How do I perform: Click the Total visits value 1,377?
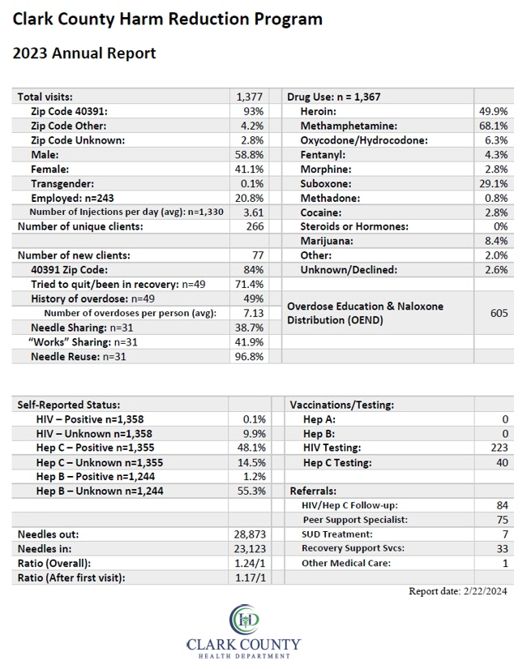click(250, 96)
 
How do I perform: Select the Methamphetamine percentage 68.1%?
click(493, 126)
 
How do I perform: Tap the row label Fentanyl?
click(323, 155)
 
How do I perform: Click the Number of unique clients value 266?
click(255, 226)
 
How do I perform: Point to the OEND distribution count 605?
click(499, 313)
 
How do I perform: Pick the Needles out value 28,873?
click(250, 534)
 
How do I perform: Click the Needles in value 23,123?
click(250, 549)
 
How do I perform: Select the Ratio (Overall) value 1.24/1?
click(250, 564)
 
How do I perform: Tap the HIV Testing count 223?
click(499, 448)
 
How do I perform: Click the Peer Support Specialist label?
click(355, 520)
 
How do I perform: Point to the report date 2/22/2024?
click(485, 591)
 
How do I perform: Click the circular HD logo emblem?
click(244, 619)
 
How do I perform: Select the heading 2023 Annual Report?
click(84, 54)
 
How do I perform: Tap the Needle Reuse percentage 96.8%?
click(249, 357)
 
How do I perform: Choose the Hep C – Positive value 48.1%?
click(251, 448)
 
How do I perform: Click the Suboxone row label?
click(326, 184)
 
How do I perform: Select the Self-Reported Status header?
click(69, 405)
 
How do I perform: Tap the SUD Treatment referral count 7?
click(505, 534)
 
